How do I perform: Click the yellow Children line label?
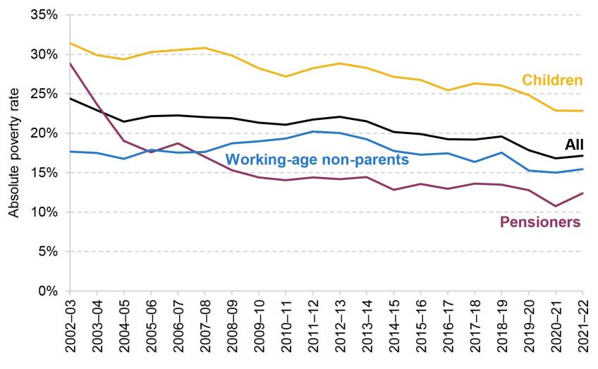(x=552, y=80)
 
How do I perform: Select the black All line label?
(x=575, y=145)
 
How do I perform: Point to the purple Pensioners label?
(x=540, y=222)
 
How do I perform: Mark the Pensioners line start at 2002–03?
(x=70, y=63)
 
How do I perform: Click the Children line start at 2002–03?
(x=70, y=43)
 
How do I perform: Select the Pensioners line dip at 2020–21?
(x=556, y=206)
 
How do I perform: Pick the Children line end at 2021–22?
(x=583, y=111)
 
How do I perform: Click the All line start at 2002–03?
(x=70, y=98)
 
